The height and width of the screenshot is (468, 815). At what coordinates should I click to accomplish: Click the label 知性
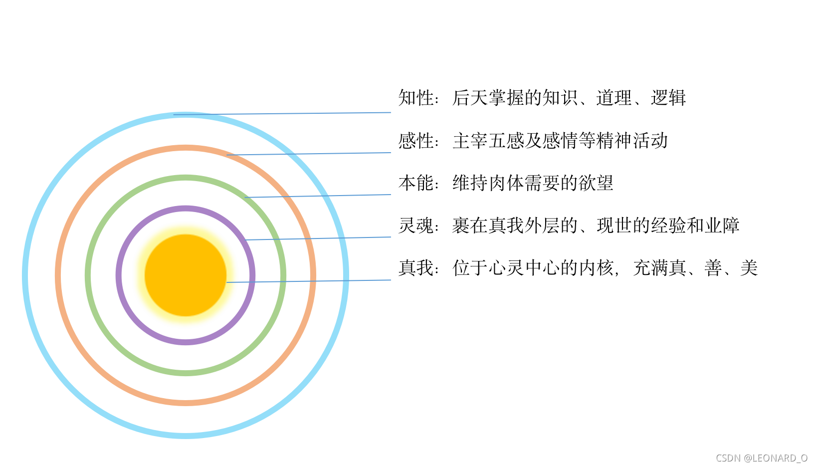(416, 98)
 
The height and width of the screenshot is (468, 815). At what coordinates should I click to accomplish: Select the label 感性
(416, 141)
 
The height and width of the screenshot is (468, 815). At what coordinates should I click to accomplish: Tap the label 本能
(416, 183)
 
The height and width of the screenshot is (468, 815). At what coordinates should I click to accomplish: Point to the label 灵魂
(416, 226)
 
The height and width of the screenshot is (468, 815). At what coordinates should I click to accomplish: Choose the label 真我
(416, 268)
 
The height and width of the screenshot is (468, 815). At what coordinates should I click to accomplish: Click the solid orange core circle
(186, 275)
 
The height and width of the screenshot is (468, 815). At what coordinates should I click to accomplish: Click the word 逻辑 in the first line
(668, 98)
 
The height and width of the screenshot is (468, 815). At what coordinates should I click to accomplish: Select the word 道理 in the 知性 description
(614, 98)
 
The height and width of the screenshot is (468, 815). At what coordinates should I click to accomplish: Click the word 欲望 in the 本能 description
(596, 183)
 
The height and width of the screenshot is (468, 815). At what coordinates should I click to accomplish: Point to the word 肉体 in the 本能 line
(506, 183)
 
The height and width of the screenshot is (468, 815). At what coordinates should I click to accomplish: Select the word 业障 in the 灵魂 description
(722, 226)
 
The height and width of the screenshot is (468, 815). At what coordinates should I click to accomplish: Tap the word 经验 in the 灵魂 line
(668, 226)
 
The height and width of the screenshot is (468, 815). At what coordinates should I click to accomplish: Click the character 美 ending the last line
(749, 268)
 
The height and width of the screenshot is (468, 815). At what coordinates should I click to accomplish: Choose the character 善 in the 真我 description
(713, 268)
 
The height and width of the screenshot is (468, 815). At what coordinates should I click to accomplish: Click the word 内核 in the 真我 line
(596, 268)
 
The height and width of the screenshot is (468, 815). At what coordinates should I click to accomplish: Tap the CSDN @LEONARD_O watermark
(762, 458)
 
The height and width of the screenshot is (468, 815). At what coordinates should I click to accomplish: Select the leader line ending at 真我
(309, 281)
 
